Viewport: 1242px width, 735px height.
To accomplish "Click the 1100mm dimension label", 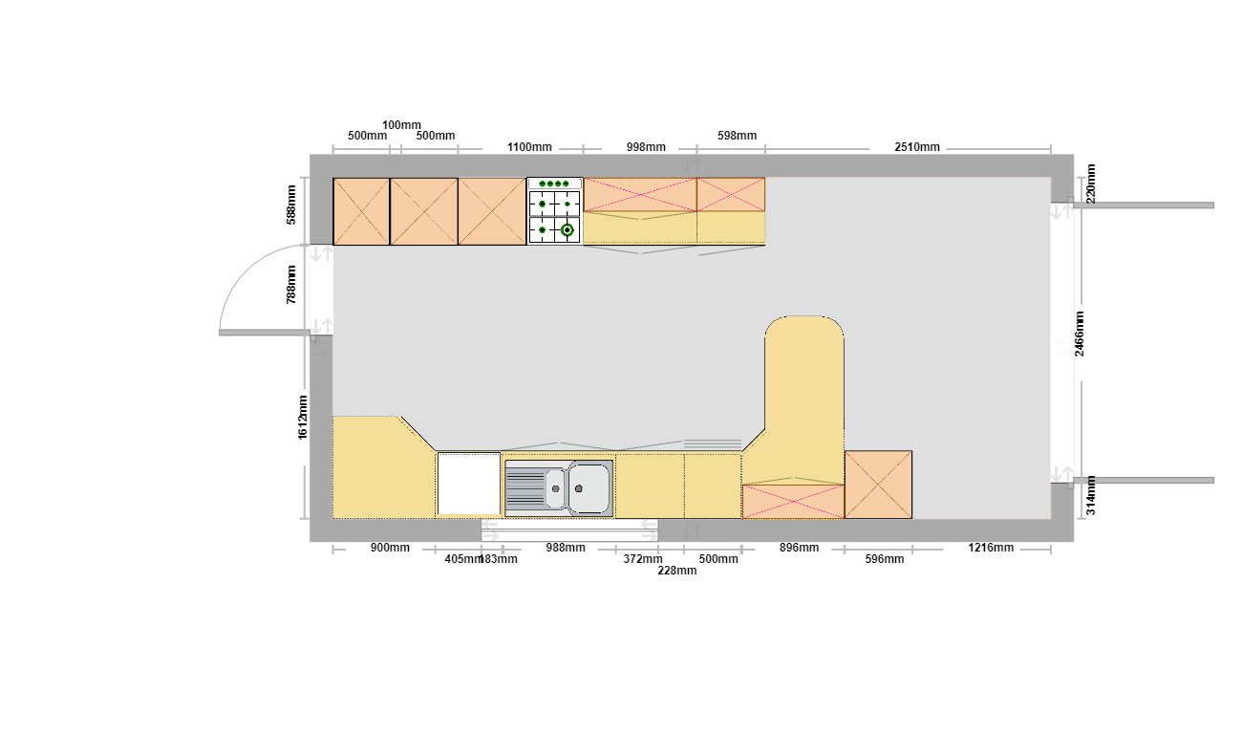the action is click(529, 147).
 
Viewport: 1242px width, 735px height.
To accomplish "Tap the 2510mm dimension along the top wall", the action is click(917, 147).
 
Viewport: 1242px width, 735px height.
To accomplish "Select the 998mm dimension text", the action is click(646, 147).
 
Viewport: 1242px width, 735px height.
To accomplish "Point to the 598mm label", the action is click(737, 136).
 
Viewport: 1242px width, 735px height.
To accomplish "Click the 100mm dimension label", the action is click(401, 125).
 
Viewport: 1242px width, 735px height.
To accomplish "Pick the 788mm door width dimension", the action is click(291, 285).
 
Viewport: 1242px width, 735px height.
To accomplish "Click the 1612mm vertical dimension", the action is click(302, 417).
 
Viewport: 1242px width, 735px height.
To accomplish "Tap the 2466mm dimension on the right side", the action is click(1079, 334).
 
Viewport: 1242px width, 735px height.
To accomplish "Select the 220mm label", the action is click(1091, 184).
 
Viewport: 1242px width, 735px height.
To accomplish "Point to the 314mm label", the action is click(1091, 495).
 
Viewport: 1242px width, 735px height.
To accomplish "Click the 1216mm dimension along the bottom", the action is click(991, 548).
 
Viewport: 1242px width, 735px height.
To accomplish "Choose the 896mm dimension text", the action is click(799, 548).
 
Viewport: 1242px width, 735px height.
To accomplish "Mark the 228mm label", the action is click(677, 571).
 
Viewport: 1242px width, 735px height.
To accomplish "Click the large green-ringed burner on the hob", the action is click(567, 229).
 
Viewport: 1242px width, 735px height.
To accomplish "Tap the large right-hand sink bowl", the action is click(589, 488).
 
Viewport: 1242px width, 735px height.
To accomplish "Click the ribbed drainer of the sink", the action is click(525, 488).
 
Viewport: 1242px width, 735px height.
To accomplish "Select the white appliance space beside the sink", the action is click(469, 484).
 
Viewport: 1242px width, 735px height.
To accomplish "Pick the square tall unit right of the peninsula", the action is click(878, 485).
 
